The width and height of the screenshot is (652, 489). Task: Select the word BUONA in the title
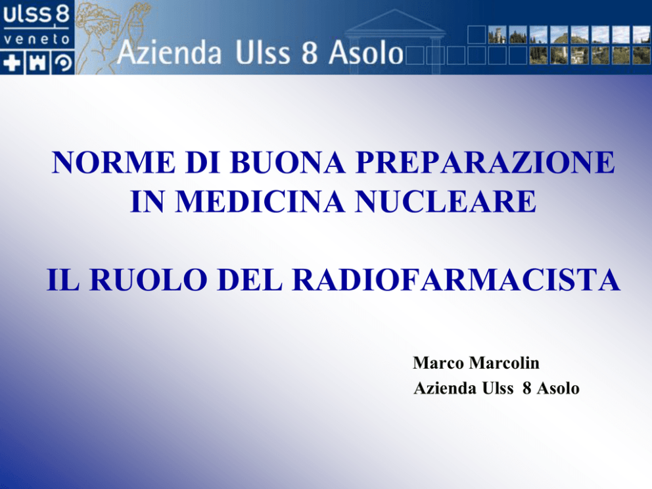coord(287,162)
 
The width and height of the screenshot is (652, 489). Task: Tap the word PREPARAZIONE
coord(485,162)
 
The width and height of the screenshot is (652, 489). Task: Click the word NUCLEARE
coord(446,202)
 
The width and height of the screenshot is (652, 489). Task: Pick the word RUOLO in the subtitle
coord(149,279)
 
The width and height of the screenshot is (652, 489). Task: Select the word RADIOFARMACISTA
coord(456,279)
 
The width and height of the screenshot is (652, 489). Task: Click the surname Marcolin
coord(504,363)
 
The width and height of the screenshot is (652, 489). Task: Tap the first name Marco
coord(438,363)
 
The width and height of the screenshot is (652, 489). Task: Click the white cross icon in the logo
coord(12,63)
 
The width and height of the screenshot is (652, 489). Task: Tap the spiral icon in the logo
coord(63,63)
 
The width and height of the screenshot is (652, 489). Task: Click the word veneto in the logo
coord(37,39)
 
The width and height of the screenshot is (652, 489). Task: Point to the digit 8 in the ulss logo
coord(62,14)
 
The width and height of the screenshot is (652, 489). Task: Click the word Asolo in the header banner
coord(366,53)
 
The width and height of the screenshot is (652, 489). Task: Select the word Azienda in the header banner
coord(169,53)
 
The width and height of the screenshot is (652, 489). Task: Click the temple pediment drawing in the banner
coord(395,21)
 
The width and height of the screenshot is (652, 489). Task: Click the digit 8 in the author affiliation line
coord(527,388)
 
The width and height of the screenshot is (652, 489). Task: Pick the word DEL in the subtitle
coord(250,279)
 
